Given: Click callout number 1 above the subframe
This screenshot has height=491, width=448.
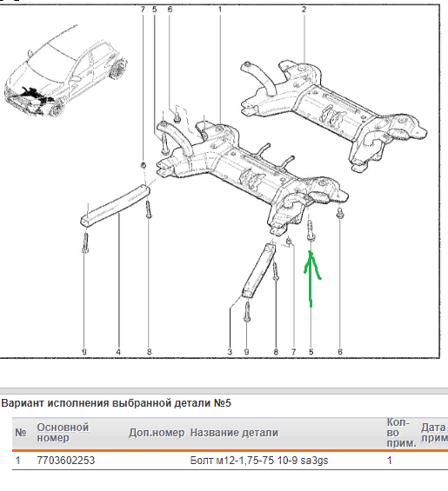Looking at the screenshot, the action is pos(220,10).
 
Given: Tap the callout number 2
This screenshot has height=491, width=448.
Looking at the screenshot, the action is pos(304,10).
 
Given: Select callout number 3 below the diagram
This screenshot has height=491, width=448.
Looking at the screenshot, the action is pos(230,352).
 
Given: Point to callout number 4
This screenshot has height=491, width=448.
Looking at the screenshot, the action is pos(118,352).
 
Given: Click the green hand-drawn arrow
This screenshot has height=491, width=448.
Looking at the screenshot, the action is pos(311,279).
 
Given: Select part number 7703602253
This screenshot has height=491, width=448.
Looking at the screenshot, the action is pos(66,461).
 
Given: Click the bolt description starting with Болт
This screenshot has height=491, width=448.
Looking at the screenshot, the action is pos(259,461).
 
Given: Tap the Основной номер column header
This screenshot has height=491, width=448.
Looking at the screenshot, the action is pos(63,433).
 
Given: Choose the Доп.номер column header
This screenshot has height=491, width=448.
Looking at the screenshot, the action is pos(157,433).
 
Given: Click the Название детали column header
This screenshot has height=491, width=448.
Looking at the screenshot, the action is pos(234,433).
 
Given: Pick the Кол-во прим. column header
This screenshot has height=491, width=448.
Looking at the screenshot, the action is pos(401,433).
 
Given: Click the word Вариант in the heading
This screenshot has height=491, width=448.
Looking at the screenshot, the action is pos(23,402).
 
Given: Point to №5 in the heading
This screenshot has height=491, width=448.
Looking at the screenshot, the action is pos(223,402).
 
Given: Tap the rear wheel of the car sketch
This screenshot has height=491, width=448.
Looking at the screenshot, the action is pos(118,70).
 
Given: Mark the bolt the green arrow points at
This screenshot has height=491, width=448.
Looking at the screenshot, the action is pos(311,230).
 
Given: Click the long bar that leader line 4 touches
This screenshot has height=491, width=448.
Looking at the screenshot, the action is pos(115,205).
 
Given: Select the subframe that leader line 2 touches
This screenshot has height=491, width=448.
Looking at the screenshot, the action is pos(334,116).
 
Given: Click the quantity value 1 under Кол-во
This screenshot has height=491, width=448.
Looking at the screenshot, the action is pos(390,461).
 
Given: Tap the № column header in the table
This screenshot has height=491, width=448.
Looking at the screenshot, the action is pos(21,433).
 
